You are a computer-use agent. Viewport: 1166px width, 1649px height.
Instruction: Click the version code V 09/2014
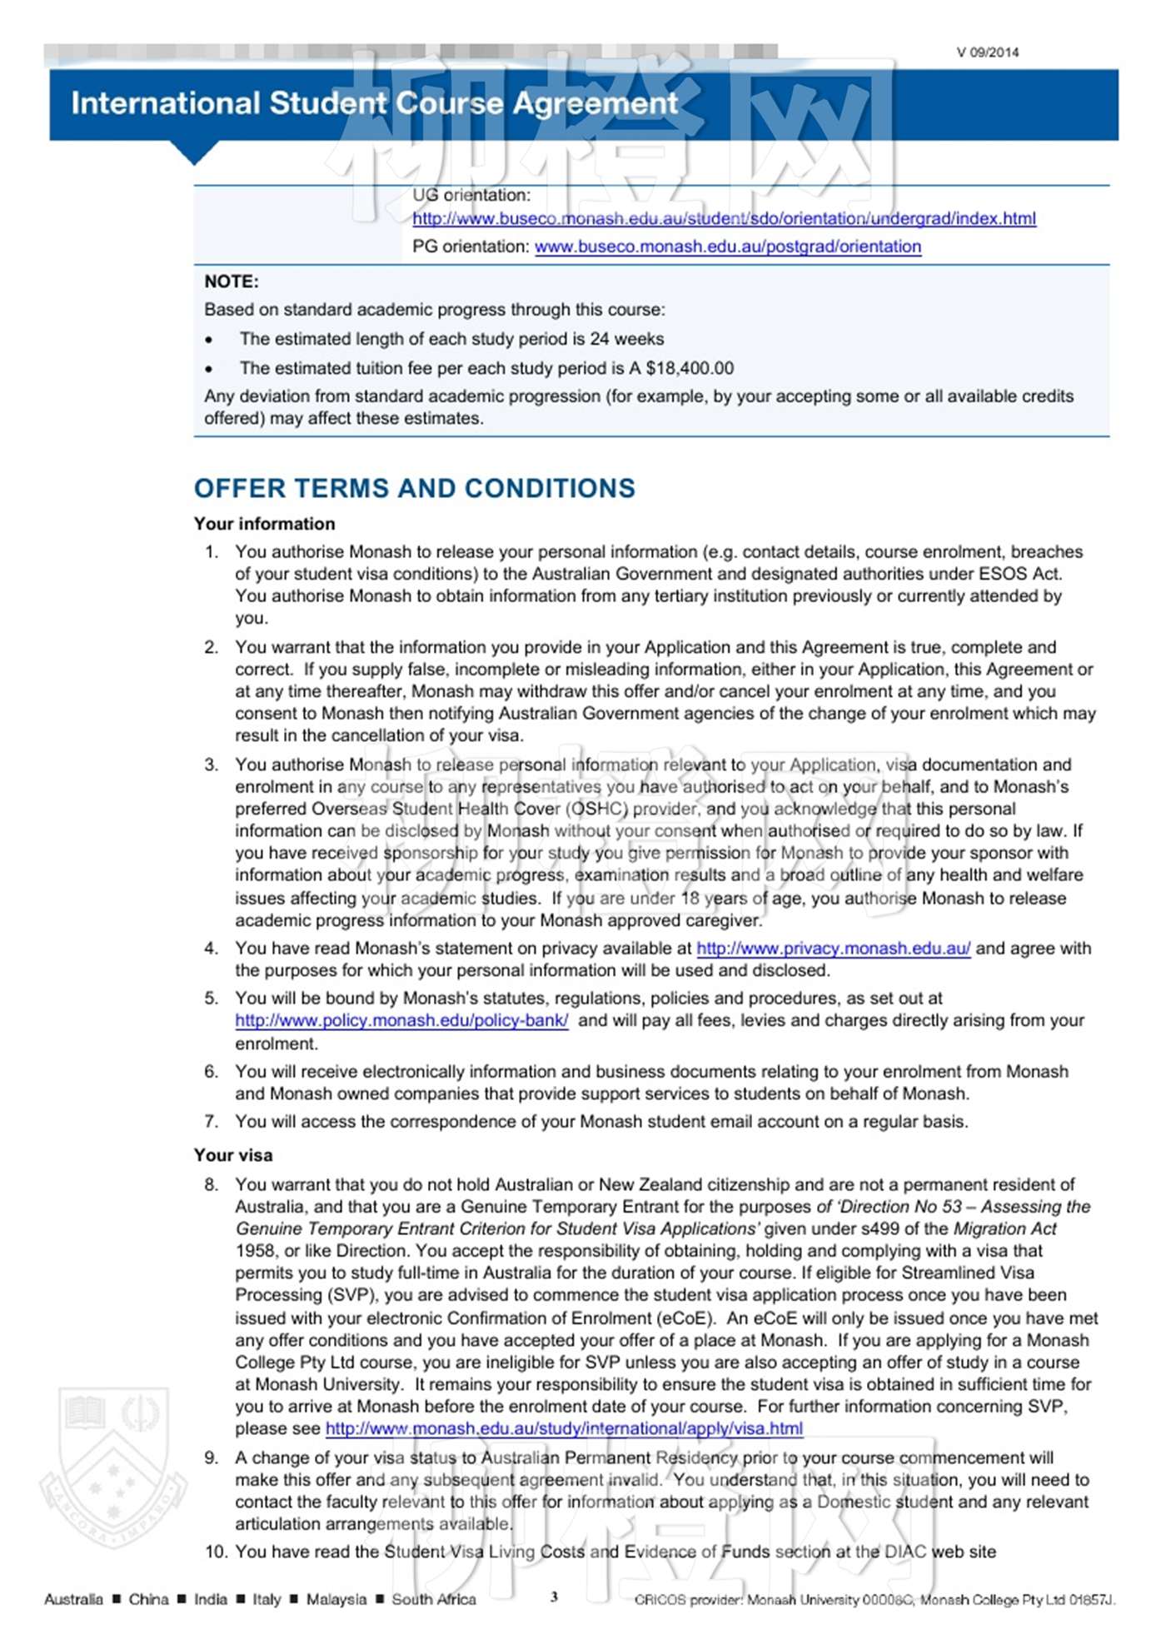(x=987, y=52)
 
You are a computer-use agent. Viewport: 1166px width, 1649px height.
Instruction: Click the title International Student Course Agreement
(x=374, y=103)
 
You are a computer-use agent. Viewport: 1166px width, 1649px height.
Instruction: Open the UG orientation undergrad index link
(x=724, y=219)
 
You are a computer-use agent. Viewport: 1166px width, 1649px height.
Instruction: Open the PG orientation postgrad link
(x=727, y=247)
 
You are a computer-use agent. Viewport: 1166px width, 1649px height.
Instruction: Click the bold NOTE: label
(x=232, y=281)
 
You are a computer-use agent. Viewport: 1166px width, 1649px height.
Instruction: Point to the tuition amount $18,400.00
(x=690, y=368)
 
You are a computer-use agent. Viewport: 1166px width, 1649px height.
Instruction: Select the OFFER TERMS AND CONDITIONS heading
(x=414, y=488)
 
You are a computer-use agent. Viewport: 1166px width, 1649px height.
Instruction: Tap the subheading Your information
(x=264, y=524)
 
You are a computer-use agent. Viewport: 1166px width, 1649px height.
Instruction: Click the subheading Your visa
(x=233, y=1155)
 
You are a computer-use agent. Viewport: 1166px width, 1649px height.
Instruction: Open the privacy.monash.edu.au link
(x=833, y=949)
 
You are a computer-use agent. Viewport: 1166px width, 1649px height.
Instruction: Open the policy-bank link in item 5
(x=401, y=1021)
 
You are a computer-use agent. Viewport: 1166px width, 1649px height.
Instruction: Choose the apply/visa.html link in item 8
(x=564, y=1429)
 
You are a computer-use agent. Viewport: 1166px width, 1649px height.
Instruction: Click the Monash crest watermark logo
(x=113, y=1466)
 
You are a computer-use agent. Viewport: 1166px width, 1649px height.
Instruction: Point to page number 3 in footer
(x=554, y=1597)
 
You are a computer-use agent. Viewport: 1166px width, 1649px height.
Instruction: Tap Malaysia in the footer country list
(x=336, y=1600)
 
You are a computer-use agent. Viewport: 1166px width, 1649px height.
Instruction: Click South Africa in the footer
(x=434, y=1600)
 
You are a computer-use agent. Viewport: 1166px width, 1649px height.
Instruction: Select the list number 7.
(x=212, y=1122)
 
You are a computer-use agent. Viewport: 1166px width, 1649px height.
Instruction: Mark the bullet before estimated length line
(x=209, y=340)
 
